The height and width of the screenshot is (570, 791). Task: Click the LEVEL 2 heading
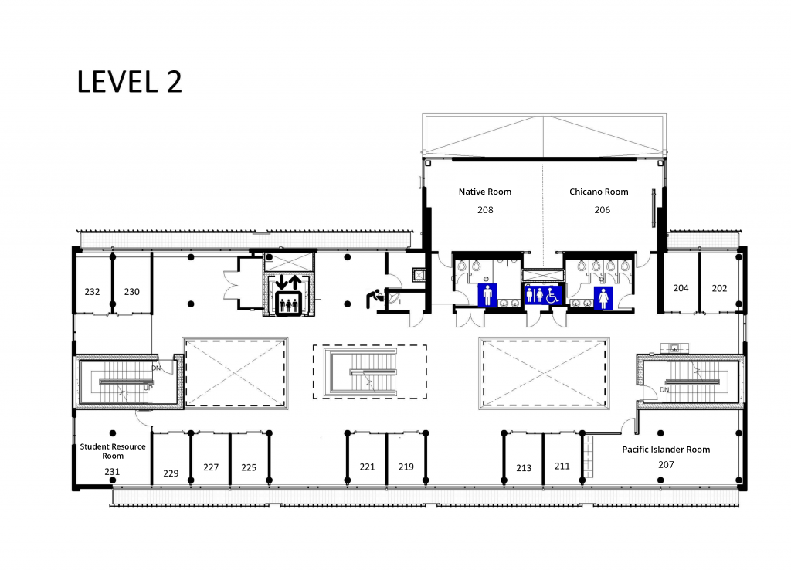(129, 82)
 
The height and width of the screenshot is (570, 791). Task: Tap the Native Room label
(485, 192)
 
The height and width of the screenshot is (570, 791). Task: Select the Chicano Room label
(599, 192)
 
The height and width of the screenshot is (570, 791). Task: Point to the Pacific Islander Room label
(666, 450)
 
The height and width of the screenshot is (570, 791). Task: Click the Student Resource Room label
(113, 451)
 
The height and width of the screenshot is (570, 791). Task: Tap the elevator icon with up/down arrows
(288, 296)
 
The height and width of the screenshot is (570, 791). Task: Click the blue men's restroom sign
(487, 295)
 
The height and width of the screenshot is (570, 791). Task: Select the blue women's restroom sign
(603, 298)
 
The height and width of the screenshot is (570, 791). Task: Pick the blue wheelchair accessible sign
(553, 296)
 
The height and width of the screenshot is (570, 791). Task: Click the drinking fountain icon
(375, 298)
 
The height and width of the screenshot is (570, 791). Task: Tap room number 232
(93, 291)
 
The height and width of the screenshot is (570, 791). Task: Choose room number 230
(131, 291)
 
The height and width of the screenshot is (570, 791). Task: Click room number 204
(681, 288)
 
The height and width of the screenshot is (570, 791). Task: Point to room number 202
(719, 289)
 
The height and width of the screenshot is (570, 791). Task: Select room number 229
(171, 473)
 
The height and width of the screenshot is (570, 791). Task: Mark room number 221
(367, 467)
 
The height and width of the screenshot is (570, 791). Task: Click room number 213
(524, 468)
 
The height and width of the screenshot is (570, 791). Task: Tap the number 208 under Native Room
(485, 210)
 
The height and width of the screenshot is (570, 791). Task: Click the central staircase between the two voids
(370, 372)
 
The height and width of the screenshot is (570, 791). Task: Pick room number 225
(249, 467)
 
